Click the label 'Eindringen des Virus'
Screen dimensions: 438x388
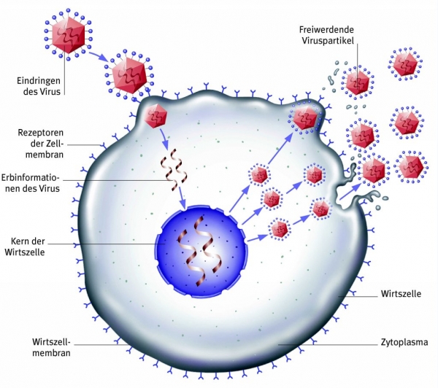(39, 86)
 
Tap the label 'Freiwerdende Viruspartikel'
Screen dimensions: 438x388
(326, 35)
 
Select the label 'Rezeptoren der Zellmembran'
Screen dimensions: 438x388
(40, 143)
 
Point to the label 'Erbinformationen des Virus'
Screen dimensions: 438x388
(30, 183)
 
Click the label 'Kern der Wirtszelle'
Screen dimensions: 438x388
(25, 247)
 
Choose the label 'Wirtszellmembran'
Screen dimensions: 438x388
(51, 347)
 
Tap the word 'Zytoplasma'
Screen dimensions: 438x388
(404, 342)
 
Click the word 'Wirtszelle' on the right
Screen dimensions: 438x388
(401, 294)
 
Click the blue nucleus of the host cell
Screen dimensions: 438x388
(202, 252)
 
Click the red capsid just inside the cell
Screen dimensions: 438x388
(155, 116)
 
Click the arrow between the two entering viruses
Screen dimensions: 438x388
(99, 56)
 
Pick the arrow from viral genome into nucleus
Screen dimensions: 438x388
(182, 198)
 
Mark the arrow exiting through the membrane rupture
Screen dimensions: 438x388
(350, 192)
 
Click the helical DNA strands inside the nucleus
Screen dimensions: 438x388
(201, 251)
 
